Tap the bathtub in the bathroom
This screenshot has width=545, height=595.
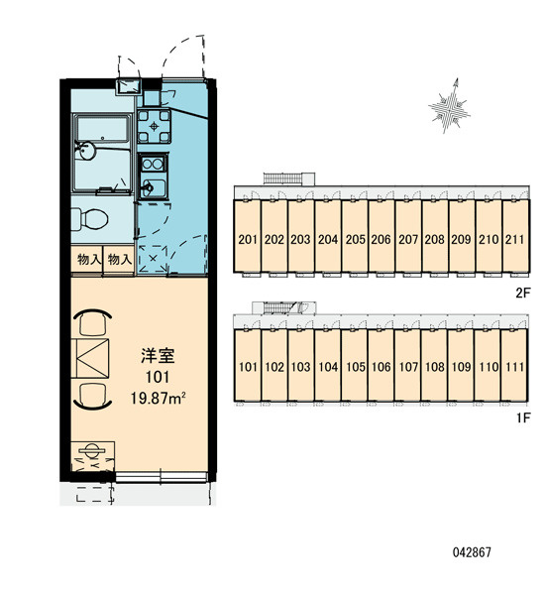pyautogui.click(x=102, y=129)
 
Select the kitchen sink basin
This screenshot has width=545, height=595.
pyautogui.click(x=153, y=187)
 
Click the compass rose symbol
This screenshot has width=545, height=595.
pyautogui.click(x=450, y=106)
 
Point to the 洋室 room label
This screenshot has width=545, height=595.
pyautogui.click(x=158, y=356)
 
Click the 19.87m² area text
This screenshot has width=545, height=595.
pyautogui.click(x=158, y=398)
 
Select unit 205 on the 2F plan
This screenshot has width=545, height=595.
pyautogui.click(x=355, y=236)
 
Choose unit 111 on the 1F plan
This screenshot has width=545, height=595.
pyautogui.click(x=514, y=365)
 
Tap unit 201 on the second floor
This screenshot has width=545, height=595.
pyautogui.click(x=248, y=236)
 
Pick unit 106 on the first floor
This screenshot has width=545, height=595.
pyautogui.click(x=381, y=365)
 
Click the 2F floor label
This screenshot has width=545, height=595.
pyautogui.click(x=522, y=293)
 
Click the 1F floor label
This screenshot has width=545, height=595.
pyautogui.click(x=522, y=418)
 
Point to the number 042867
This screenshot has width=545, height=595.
pyautogui.click(x=472, y=552)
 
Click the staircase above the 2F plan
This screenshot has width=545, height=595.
pyautogui.click(x=283, y=178)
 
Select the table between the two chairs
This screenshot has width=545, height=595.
pyautogui.click(x=90, y=358)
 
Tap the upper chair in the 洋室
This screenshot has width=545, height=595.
pyautogui.click(x=93, y=321)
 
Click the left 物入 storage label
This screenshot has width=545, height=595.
pyautogui.click(x=89, y=260)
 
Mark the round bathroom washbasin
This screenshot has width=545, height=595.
pyautogui.click(x=86, y=151)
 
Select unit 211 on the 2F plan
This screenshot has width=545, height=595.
pyautogui.click(x=515, y=236)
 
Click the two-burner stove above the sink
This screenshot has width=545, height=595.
pyautogui.click(x=153, y=164)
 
